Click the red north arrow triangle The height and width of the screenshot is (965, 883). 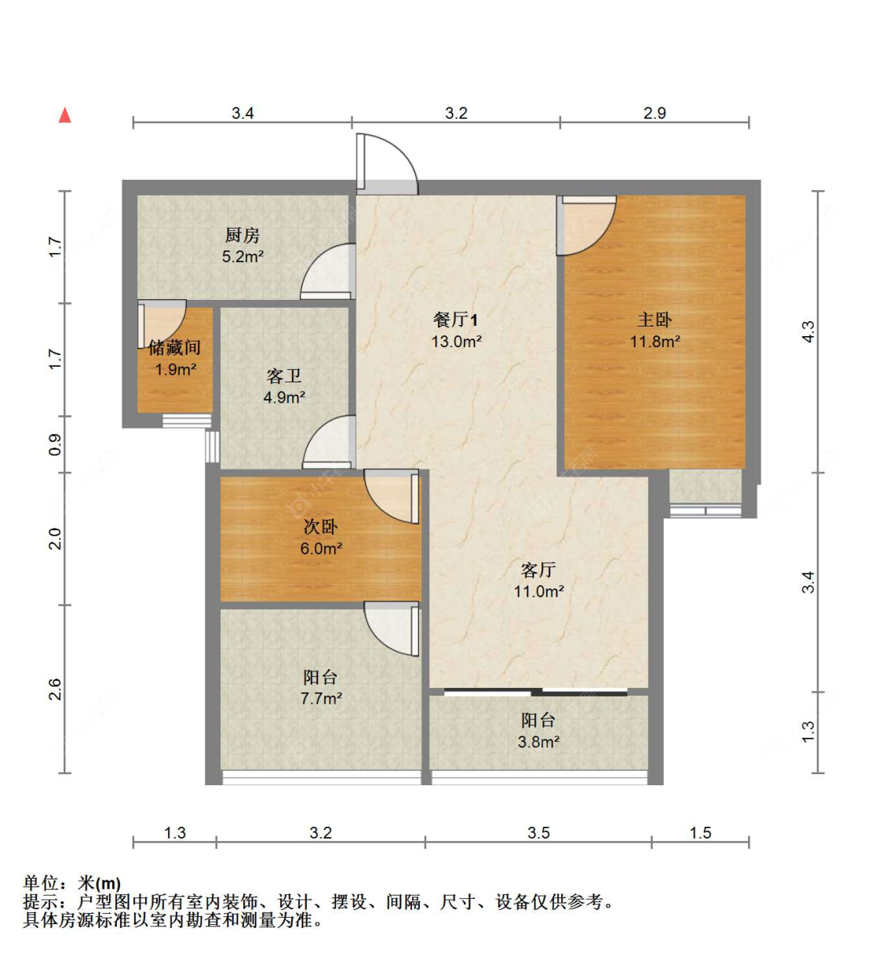click(65, 115)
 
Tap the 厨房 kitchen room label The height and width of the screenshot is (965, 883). click(242, 235)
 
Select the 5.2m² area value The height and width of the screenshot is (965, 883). click(242, 256)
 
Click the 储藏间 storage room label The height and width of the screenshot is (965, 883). click(174, 348)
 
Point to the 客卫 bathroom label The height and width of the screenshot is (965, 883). click(283, 377)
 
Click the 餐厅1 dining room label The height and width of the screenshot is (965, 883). click(455, 320)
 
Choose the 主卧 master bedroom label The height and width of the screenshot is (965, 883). click(654, 320)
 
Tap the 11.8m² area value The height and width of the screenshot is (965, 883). click(655, 342)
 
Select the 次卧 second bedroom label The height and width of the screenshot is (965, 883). click(320, 527)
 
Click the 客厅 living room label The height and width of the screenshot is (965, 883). click(538, 570)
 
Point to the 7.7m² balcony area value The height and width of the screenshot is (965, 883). click(320, 698)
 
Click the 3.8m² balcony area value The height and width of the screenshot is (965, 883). click(538, 741)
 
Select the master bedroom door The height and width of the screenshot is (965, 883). click(586, 226)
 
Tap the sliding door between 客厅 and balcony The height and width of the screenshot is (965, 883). click(536, 693)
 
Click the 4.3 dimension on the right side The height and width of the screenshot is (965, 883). click(808, 331)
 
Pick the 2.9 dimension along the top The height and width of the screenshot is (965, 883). click(654, 113)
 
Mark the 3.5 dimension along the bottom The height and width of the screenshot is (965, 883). click(538, 832)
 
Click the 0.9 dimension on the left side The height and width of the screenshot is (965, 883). click(55, 445)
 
